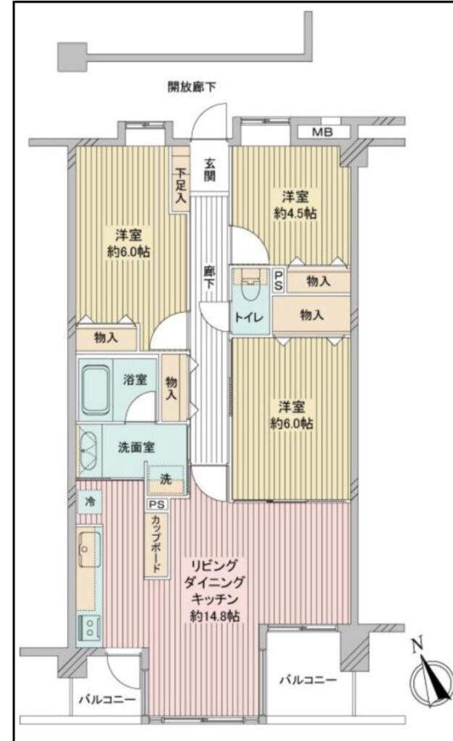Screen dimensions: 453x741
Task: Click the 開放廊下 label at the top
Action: [x=192, y=87]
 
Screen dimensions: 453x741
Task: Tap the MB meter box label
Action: [x=322, y=132]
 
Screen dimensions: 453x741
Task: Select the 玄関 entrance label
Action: [x=210, y=170]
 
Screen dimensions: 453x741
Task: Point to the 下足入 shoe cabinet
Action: [x=180, y=180]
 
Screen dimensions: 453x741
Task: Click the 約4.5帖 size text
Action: [x=296, y=213]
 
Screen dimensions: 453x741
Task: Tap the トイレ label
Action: [x=249, y=317]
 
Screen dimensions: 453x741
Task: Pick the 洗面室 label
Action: [x=137, y=447]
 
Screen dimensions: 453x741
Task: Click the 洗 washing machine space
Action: [x=165, y=480]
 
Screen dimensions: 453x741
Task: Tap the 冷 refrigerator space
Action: [x=89, y=501]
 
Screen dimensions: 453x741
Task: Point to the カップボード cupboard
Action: [x=156, y=544]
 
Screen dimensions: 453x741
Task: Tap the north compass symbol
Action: [x=431, y=679]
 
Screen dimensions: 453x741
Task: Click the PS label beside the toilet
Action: [x=279, y=281]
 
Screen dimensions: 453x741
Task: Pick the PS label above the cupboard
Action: [x=157, y=504]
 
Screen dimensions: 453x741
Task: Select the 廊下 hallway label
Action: [x=209, y=277]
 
